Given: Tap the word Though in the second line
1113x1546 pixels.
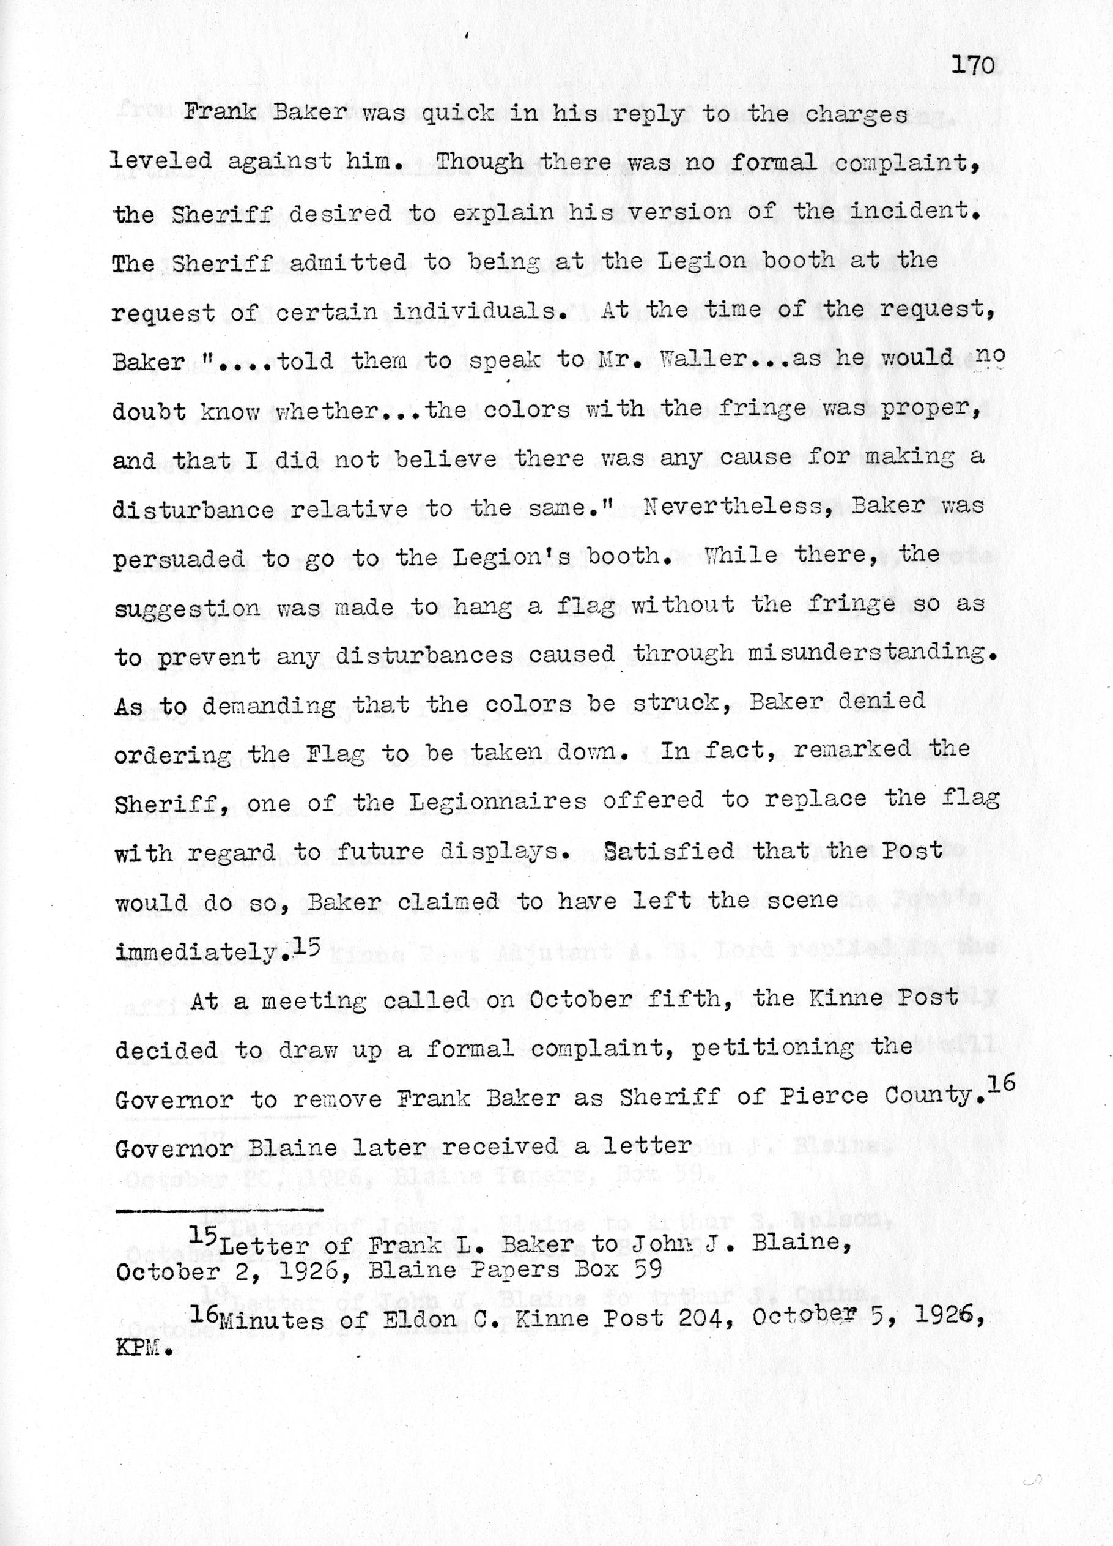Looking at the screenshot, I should [479, 162].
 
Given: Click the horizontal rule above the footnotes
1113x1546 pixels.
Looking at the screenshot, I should [218, 1211].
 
